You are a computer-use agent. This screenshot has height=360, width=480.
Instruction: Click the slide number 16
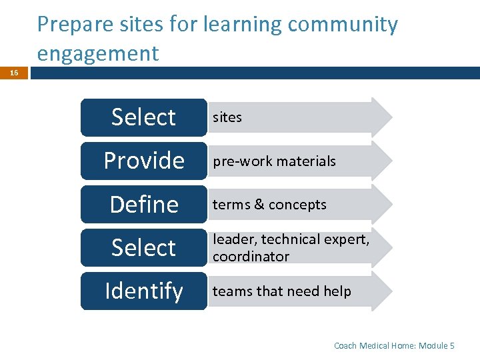13,73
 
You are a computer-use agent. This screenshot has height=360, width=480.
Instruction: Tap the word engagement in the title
98,53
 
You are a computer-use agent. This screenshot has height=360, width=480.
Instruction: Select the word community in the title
343,25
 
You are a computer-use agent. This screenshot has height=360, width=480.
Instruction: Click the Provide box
144,161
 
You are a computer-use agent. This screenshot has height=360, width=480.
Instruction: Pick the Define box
144,204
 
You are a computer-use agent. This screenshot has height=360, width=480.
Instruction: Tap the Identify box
144,291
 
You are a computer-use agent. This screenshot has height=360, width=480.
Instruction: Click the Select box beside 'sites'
144,117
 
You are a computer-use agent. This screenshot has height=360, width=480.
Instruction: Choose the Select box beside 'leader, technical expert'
144,248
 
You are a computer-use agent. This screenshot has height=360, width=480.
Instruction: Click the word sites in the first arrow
227,117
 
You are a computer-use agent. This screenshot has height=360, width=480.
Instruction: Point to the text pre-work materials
274,161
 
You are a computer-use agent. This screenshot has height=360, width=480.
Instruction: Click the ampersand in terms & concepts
259,205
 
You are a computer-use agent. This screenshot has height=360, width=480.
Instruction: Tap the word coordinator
251,257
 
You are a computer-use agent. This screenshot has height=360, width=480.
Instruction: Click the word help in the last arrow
337,291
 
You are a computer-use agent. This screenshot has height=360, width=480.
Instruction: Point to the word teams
232,291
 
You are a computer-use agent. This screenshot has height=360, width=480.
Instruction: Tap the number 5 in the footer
452,345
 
